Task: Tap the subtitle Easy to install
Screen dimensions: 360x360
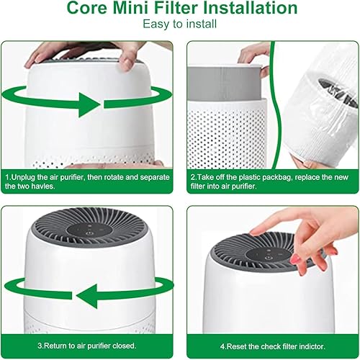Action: pos(179,24)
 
